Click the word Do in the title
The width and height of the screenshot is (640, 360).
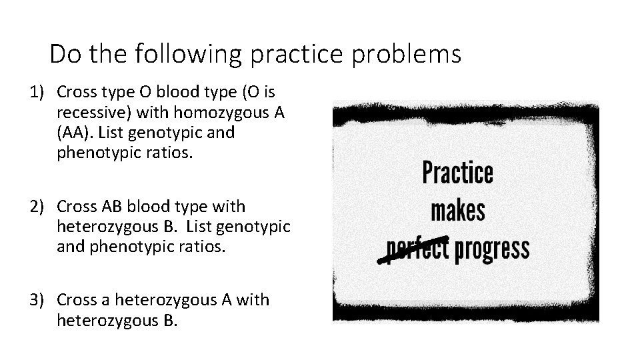63,54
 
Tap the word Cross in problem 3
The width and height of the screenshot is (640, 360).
79,301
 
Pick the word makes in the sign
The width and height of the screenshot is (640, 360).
458,211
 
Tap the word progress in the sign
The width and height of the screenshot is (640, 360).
492,249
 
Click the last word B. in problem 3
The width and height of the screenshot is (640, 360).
169,321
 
